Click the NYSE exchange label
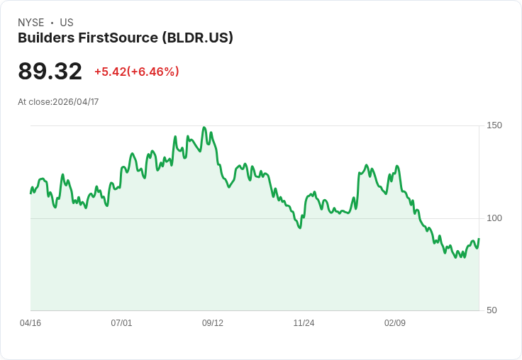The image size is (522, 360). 31,23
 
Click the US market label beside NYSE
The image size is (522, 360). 67,23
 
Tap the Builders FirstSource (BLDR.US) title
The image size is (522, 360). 126,38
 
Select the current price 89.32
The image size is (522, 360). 50,71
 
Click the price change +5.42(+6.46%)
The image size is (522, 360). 136,72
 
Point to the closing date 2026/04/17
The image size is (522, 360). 76,102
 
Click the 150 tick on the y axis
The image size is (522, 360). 494,125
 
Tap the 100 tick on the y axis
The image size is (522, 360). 494,218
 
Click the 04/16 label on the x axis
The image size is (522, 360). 30,323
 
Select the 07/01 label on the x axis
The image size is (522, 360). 121,323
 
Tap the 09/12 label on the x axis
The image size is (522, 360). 213,323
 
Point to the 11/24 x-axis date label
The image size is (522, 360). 304,323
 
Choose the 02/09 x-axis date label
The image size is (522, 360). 395,323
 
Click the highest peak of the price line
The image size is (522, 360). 204,128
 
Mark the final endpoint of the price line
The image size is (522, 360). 479,239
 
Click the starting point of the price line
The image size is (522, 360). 30,193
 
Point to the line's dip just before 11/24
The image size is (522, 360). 300,227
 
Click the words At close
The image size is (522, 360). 34,102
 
